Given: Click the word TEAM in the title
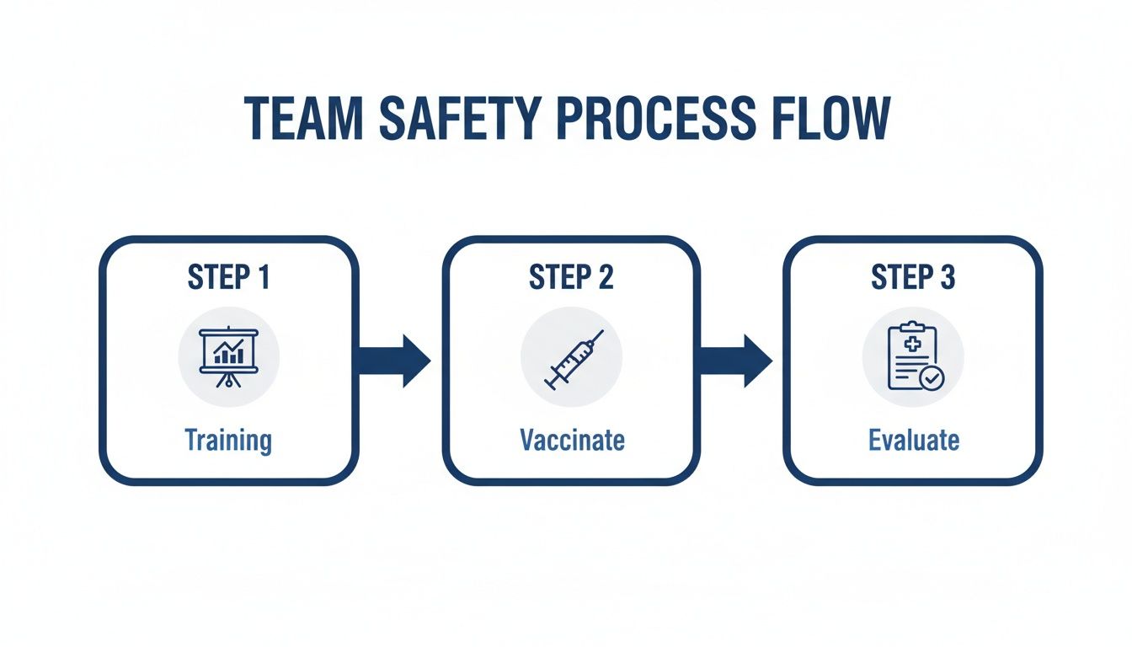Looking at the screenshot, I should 302,119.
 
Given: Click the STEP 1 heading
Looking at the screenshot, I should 228,277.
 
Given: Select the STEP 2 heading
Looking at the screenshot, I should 570,277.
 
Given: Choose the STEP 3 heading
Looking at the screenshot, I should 913,277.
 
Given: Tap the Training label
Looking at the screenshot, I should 228,440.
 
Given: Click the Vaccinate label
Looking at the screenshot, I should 572,440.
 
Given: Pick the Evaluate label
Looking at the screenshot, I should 914,440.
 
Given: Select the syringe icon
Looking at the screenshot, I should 573,360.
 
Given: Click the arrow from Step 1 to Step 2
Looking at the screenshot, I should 393,361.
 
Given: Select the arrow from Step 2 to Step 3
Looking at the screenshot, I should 735,361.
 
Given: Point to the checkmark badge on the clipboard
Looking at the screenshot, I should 932,379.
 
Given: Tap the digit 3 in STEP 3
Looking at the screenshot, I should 948,277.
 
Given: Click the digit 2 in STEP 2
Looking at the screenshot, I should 606,277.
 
